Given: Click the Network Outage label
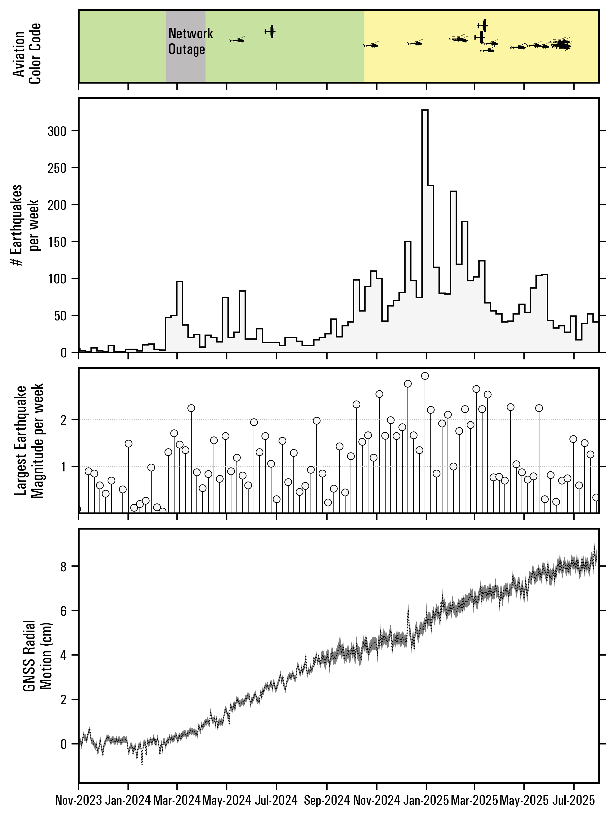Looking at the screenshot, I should tap(190, 41).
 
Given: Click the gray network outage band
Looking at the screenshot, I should tap(186, 66).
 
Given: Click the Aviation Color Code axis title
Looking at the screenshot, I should tap(27, 54).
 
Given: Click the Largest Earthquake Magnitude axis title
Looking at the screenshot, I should tap(29, 441).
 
